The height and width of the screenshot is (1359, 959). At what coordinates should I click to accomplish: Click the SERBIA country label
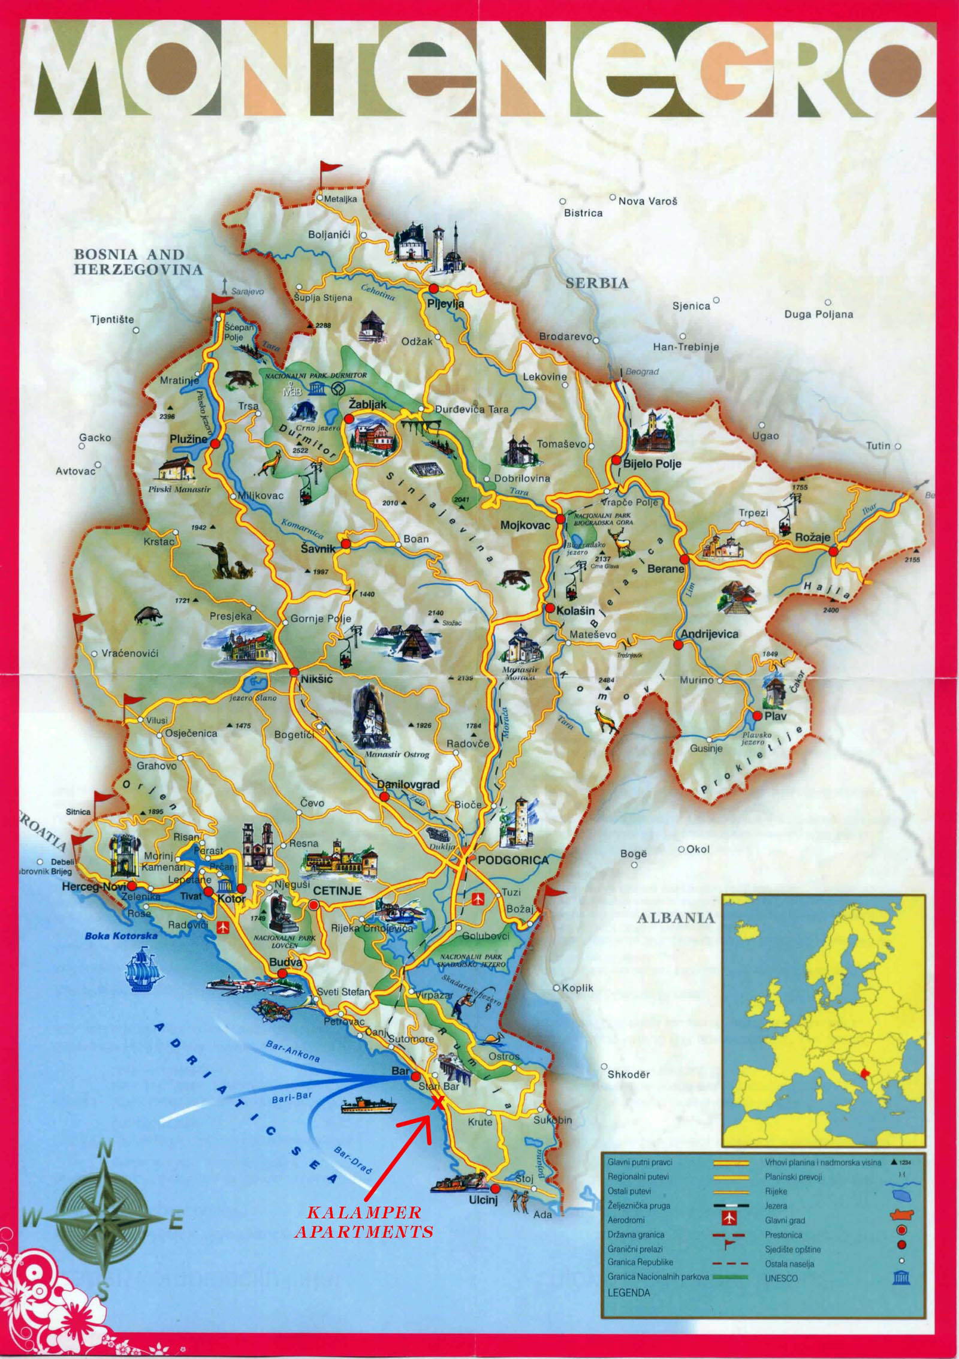tap(597, 283)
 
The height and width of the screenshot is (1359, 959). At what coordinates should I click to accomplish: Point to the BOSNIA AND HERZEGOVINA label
tap(138, 261)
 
